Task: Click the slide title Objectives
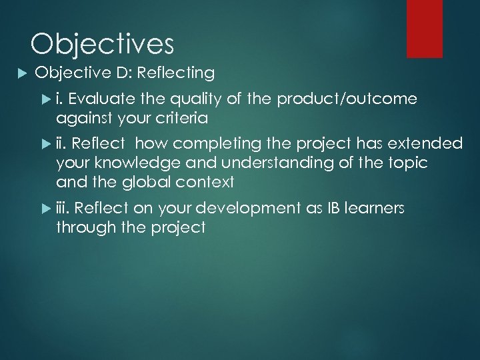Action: [102, 44]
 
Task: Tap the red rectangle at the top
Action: [425, 28]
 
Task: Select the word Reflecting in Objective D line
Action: [183, 73]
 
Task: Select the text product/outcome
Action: [347, 99]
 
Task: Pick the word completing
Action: [208, 144]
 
